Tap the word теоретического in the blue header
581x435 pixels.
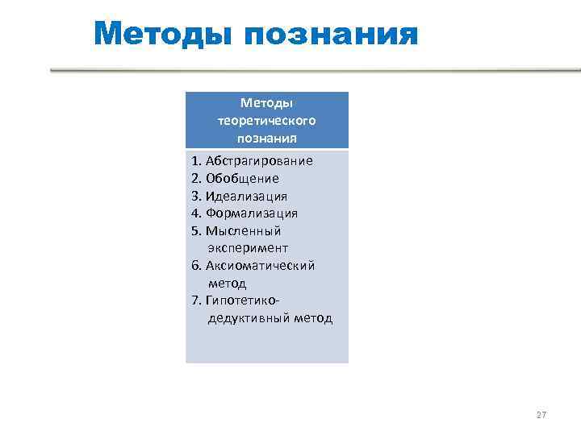point(266,120)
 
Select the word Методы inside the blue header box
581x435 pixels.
point(266,102)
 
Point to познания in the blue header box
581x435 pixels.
point(266,138)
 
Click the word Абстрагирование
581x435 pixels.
point(259,160)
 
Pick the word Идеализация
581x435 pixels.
point(246,196)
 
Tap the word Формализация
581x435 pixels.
point(252,213)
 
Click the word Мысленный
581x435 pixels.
point(243,231)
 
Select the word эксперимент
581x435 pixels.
point(248,248)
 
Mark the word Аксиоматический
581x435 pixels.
point(260,266)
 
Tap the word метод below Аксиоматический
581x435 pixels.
point(227,284)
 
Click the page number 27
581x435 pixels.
point(541,415)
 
